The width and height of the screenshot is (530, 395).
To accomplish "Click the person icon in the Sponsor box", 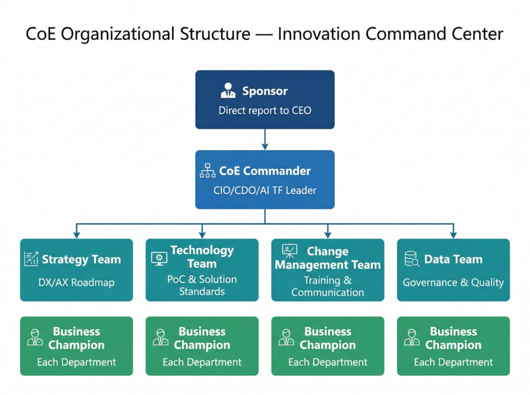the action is pos(228,90).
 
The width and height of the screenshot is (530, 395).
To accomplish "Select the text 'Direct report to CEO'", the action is pos(265,111).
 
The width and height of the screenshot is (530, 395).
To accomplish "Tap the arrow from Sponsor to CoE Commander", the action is pos(265,139).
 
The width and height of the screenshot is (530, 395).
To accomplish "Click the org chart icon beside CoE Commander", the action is pos(208,171).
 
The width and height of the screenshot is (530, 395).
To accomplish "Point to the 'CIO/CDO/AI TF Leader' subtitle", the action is pos(265,190).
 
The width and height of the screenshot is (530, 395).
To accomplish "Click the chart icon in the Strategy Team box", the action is pos(32,259).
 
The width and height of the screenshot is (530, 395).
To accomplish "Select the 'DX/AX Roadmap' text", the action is pos(77,282).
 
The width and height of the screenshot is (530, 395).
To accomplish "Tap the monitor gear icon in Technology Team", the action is pos(159,259).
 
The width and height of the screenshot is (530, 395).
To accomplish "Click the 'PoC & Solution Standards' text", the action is pos(202,285).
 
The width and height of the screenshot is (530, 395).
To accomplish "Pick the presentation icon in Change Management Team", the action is pos(290,251).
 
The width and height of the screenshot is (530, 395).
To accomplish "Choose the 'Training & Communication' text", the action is pos(328,286).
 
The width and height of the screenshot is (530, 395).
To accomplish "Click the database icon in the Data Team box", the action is pos(412,259).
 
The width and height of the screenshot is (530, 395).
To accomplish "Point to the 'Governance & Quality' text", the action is pos(453,282).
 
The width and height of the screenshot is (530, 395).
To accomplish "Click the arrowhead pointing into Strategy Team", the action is pos(77,235).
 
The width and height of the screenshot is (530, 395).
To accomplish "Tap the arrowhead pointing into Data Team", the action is pos(453,235).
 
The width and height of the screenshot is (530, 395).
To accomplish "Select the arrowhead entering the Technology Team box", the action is pos(202,235).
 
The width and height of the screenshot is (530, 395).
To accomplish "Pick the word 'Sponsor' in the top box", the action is pos(265,91).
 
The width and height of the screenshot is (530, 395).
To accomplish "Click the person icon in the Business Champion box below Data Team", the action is pos(412,338).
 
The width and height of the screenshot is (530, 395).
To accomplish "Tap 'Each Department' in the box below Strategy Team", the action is pos(77,362).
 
